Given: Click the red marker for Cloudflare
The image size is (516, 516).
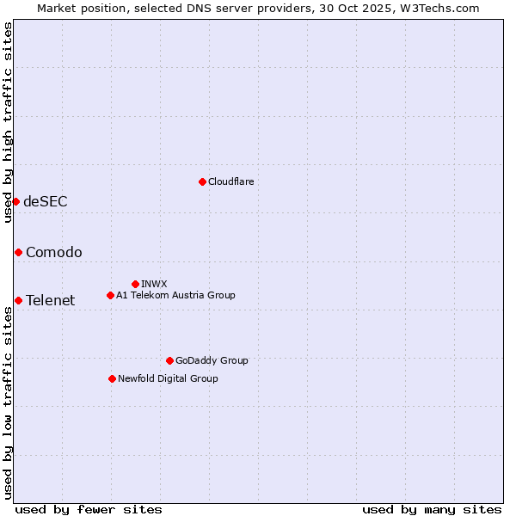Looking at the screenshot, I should pyautogui.click(x=202, y=181).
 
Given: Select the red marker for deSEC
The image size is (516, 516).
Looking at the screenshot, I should pyautogui.click(x=15, y=201).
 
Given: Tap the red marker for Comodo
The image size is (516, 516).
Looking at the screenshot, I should pyautogui.click(x=18, y=252).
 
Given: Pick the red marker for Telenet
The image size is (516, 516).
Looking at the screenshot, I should pyautogui.click(x=18, y=300).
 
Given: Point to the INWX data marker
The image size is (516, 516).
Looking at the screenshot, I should pyautogui.click(x=135, y=284).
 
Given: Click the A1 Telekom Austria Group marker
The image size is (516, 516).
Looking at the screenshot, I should pyautogui.click(x=110, y=295).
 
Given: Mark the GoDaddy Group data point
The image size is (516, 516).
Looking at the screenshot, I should pyautogui.click(x=169, y=360).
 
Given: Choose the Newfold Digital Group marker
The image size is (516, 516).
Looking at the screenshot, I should pyautogui.click(x=112, y=378).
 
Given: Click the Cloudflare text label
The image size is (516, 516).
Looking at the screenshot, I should pyautogui.click(x=230, y=181).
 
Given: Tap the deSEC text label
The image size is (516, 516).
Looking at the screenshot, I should pyautogui.click(x=46, y=201).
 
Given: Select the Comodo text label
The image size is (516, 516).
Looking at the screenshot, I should pyautogui.click(x=54, y=252).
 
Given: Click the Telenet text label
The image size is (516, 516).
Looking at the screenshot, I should pyautogui.click(x=51, y=300).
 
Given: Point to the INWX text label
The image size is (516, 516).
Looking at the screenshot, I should pyautogui.click(x=154, y=284).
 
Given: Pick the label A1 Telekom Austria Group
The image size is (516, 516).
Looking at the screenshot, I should pyautogui.click(x=175, y=295).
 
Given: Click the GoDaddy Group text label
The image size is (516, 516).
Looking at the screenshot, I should pyautogui.click(x=212, y=360).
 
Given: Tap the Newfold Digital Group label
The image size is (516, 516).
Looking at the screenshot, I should pyautogui.click(x=168, y=378).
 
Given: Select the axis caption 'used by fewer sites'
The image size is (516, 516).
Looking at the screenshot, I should pyautogui.click(x=89, y=509).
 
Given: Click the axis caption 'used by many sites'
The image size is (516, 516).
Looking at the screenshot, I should pyautogui.click(x=432, y=509).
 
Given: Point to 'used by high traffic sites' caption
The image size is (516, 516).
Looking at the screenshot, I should pyautogui.click(x=8, y=122).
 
